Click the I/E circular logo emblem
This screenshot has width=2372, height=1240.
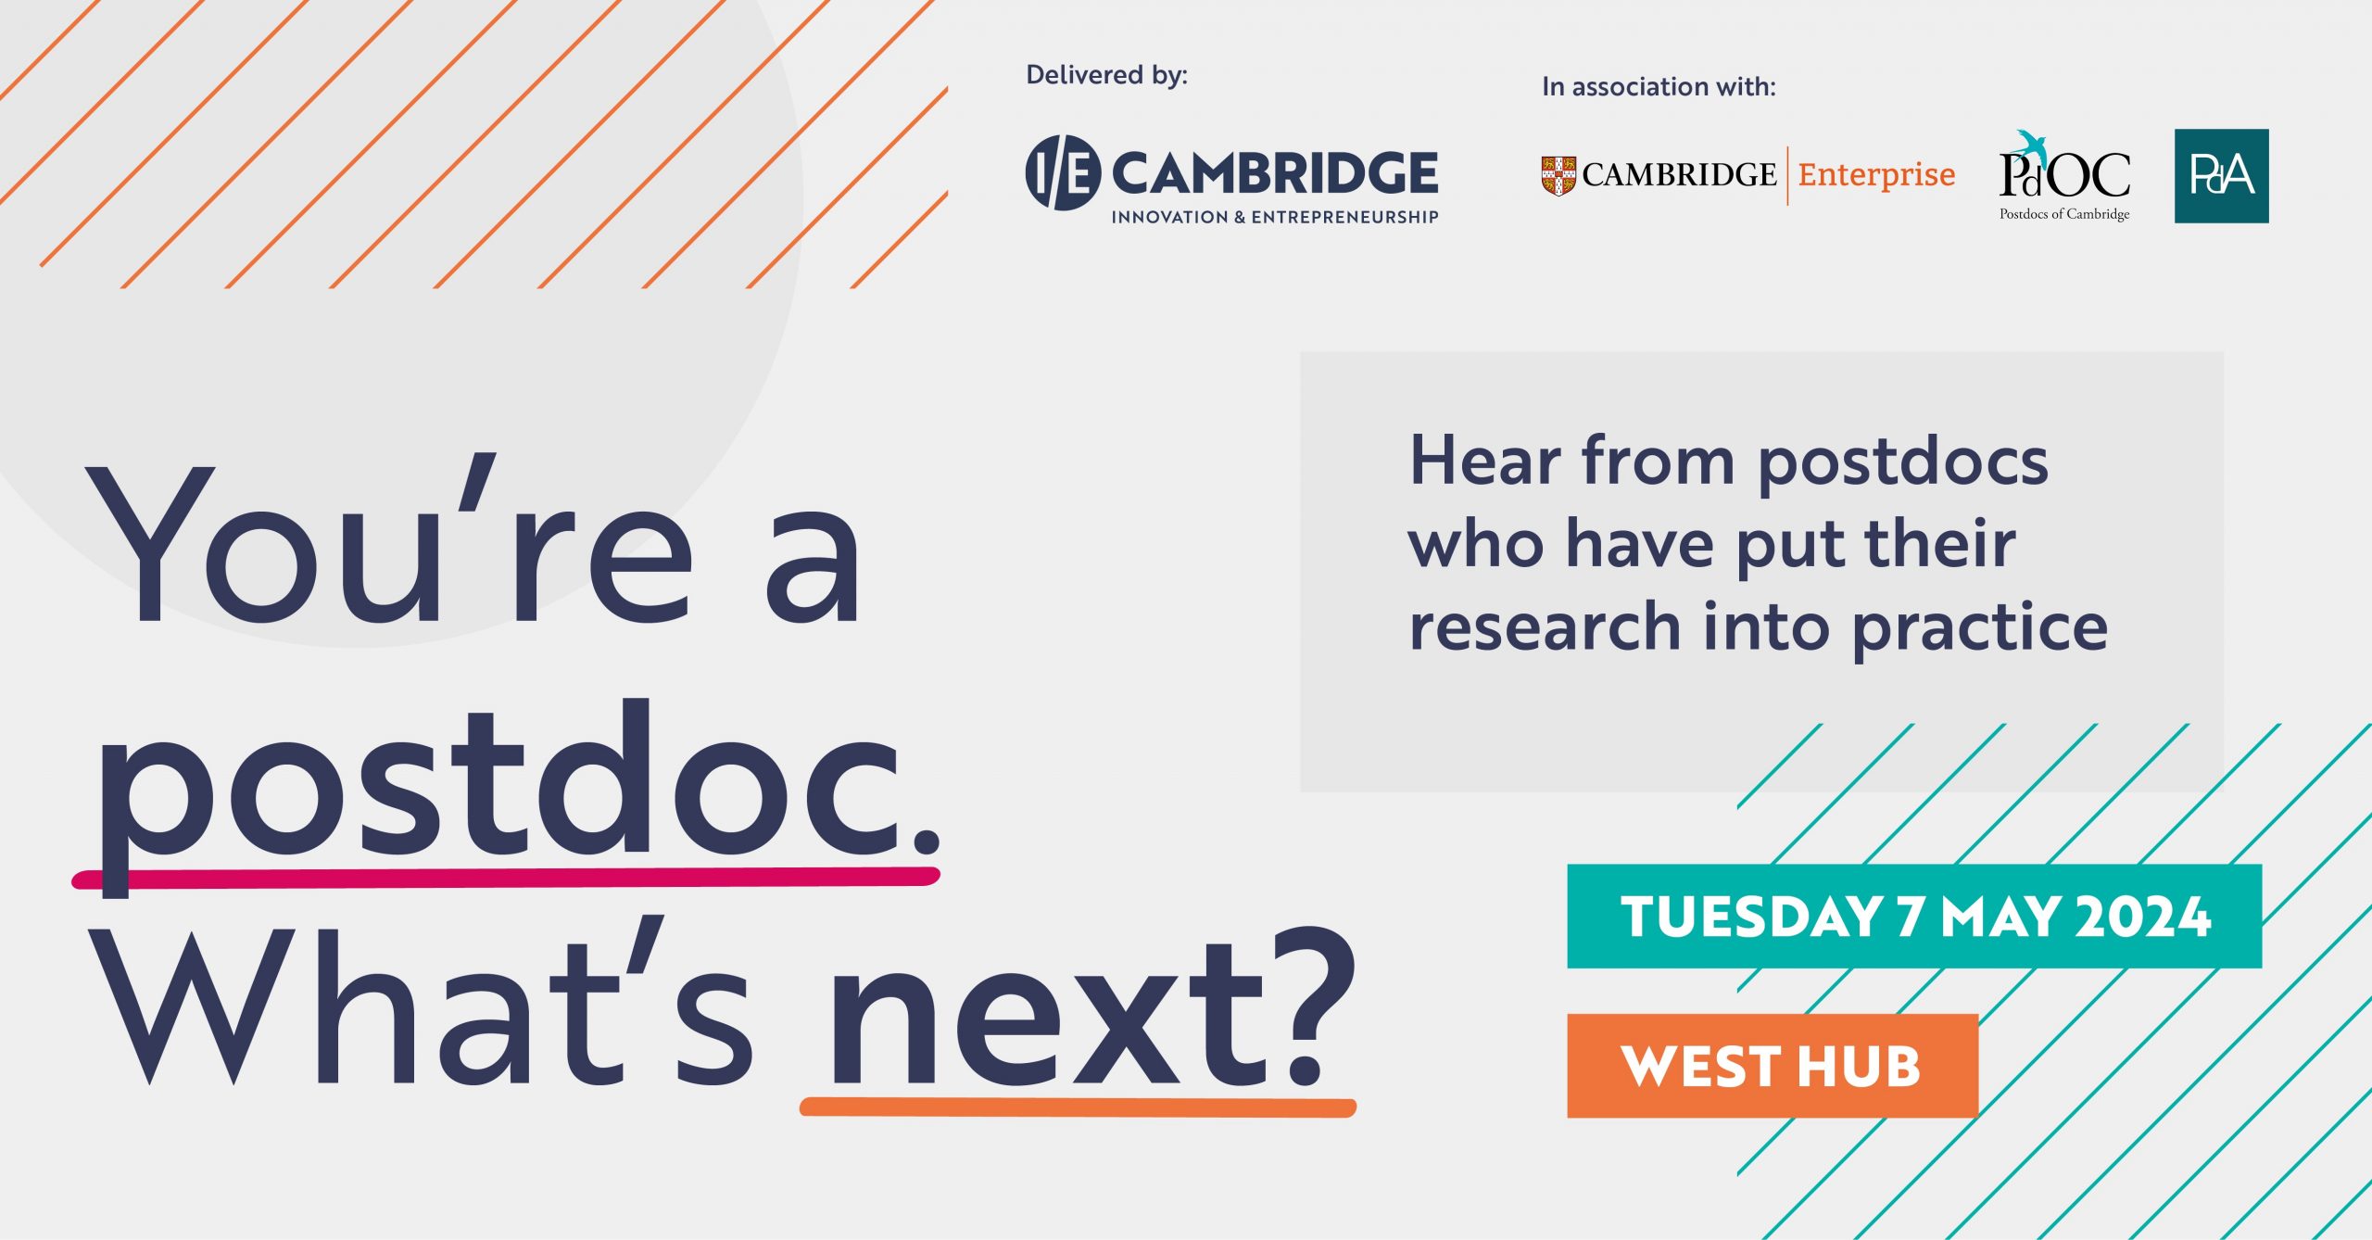[x=1063, y=172]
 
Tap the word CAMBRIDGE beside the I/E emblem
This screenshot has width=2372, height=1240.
[x=1275, y=173]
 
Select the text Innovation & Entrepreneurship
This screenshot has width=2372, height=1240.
[x=1275, y=217]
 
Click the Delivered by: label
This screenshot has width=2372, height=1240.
[x=1106, y=75]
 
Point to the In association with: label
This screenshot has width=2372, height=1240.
[x=1659, y=86]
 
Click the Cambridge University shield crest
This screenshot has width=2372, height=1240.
[x=1558, y=175]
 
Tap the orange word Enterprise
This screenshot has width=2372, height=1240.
[x=1876, y=175]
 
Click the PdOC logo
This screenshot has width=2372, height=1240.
[x=2064, y=175]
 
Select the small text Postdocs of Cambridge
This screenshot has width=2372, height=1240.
[x=2064, y=214]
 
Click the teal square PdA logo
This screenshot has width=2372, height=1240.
[x=2221, y=175]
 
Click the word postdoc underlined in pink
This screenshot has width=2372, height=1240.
[x=500, y=788]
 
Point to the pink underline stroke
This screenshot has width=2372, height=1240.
[x=506, y=878]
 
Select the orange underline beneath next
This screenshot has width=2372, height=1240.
[x=1078, y=1107]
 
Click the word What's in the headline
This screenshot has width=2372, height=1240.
[x=422, y=1006]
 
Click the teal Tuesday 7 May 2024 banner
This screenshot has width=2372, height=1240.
[x=1914, y=916]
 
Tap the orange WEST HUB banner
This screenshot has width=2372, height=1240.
[x=1773, y=1066]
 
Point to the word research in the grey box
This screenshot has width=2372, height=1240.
[x=1545, y=627]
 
